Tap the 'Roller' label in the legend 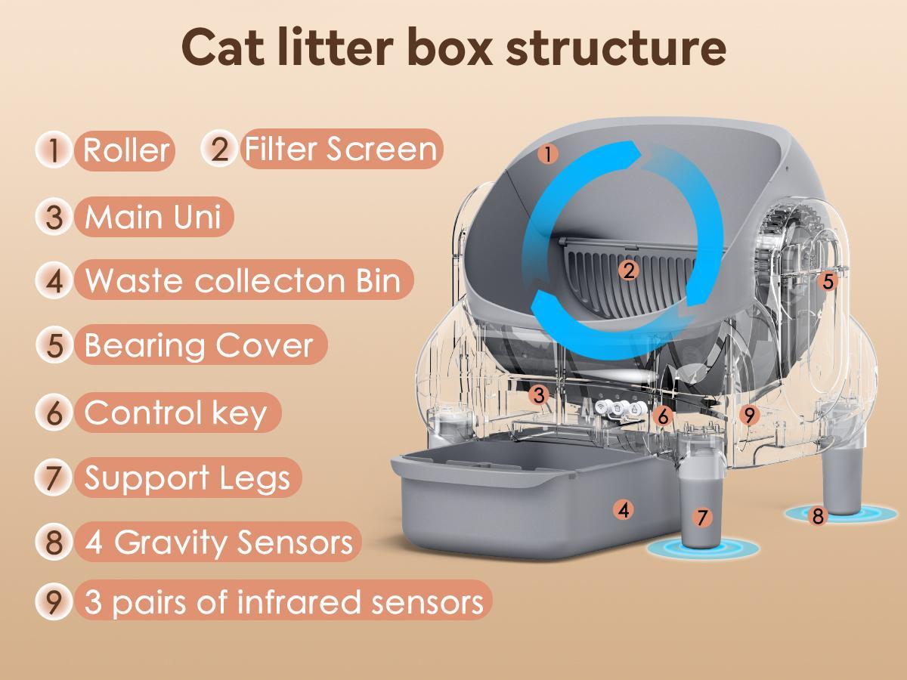(x=125, y=150)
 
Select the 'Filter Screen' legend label (x=340, y=149)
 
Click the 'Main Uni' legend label (x=153, y=217)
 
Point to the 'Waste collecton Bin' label (x=243, y=280)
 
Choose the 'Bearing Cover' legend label (x=199, y=345)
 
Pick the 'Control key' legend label (x=176, y=413)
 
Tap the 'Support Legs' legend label (x=187, y=478)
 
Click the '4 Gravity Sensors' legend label (x=218, y=542)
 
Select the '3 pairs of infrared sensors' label (x=283, y=602)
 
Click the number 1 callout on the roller (x=549, y=155)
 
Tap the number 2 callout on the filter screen (x=627, y=270)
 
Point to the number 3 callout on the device (x=538, y=394)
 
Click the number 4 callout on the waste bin (x=623, y=510)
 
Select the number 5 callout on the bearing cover (x=828, y=282)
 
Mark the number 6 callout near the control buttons (x=662, y=416)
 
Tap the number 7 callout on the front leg (x=702, y=518)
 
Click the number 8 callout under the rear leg (x=818, y=517)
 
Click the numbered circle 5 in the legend (x=54, y=345)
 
